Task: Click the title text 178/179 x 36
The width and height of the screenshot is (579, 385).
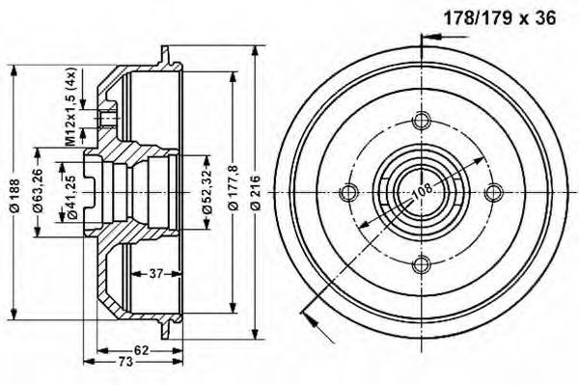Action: tap(500, 18)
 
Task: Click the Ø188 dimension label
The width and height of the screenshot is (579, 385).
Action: tap(14, 196)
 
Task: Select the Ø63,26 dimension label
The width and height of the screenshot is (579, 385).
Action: tap(38, 192)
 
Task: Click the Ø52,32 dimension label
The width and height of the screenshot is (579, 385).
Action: tap(207, 192)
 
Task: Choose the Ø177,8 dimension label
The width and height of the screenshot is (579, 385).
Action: tap(234, 188)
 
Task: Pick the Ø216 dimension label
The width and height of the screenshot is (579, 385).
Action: tap(256, 193)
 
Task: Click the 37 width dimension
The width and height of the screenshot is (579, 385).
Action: tap(156, 273)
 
